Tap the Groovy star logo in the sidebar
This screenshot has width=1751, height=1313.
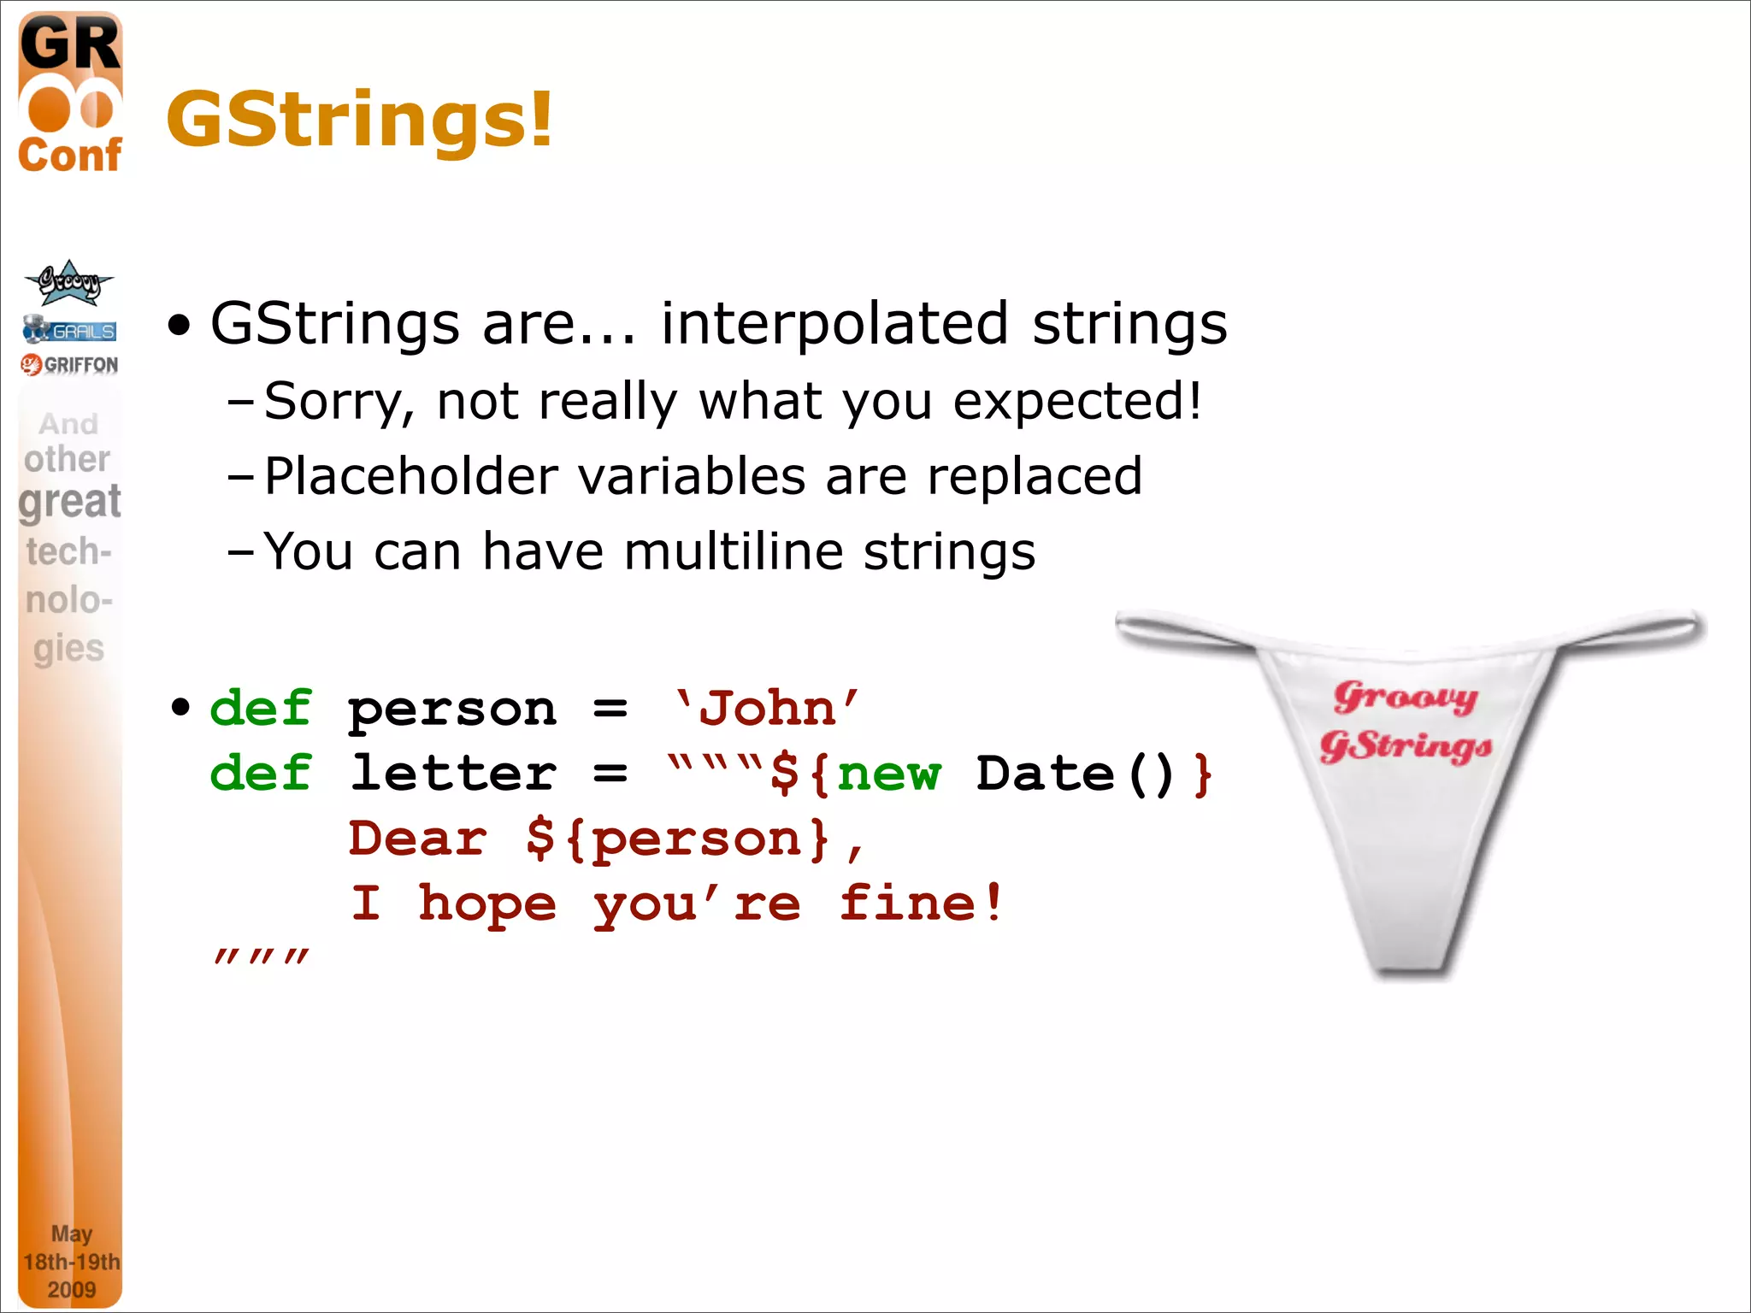69,282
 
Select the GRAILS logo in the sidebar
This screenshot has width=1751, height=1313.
70,330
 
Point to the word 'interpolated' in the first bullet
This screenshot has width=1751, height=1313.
834,324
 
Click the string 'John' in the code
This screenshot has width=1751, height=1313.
767,709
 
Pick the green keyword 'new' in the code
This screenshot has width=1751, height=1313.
888,774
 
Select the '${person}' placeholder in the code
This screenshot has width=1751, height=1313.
677,839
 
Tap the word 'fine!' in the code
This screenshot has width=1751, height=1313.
920,904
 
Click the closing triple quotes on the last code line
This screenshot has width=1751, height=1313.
261,956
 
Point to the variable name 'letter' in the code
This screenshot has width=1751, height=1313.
453,774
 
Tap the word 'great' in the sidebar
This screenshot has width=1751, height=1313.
70,502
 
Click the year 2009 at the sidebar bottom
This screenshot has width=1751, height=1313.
71,1289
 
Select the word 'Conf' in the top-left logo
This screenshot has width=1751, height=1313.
70,156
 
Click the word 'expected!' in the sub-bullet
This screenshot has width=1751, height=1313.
1077,401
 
